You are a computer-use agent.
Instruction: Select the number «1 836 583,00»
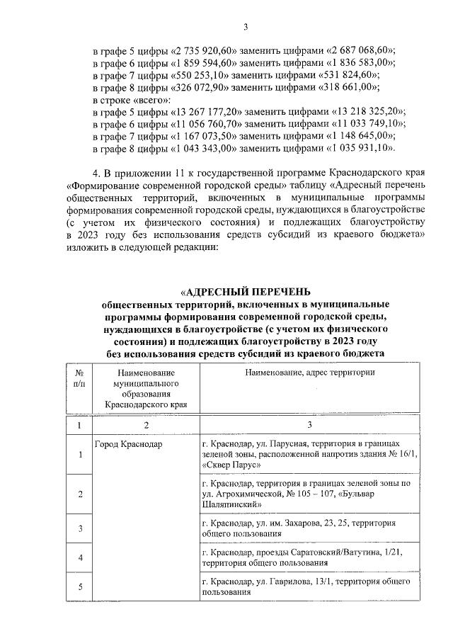pyautogui.click(x=357, y=62)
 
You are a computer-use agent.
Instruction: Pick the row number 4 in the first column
pyautogui.click(x=79, y=557)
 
